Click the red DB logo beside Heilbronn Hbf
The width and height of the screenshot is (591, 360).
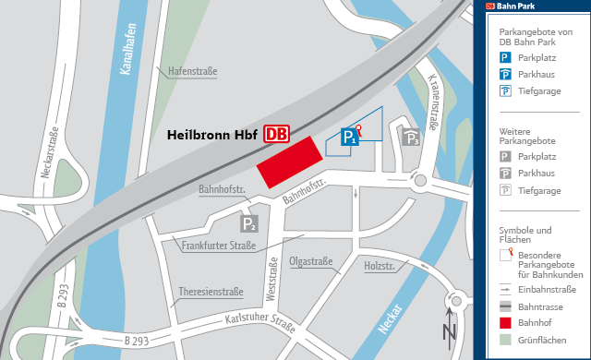(x=276, y=135)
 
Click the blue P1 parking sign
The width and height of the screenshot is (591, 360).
(x=349, y=137)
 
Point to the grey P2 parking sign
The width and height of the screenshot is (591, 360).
(x=249, y=222)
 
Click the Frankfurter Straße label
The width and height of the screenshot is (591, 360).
(x=219, y=246)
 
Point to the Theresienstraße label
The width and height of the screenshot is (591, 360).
(x=211, y=292)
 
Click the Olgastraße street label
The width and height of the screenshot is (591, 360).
(x=310, y=261)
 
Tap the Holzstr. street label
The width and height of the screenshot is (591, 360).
(x=380, y=268)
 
